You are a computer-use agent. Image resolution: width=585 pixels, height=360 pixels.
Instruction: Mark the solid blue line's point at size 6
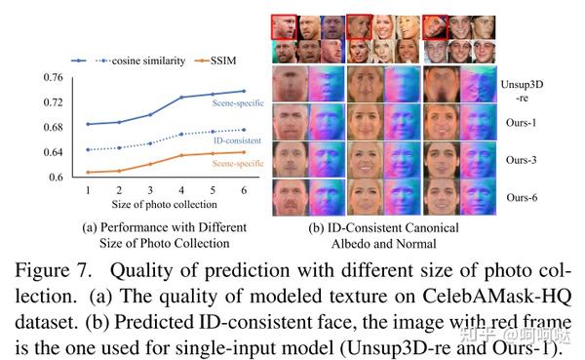pos(244,91)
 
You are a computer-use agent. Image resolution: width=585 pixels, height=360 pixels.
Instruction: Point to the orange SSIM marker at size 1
pos(87,173)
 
